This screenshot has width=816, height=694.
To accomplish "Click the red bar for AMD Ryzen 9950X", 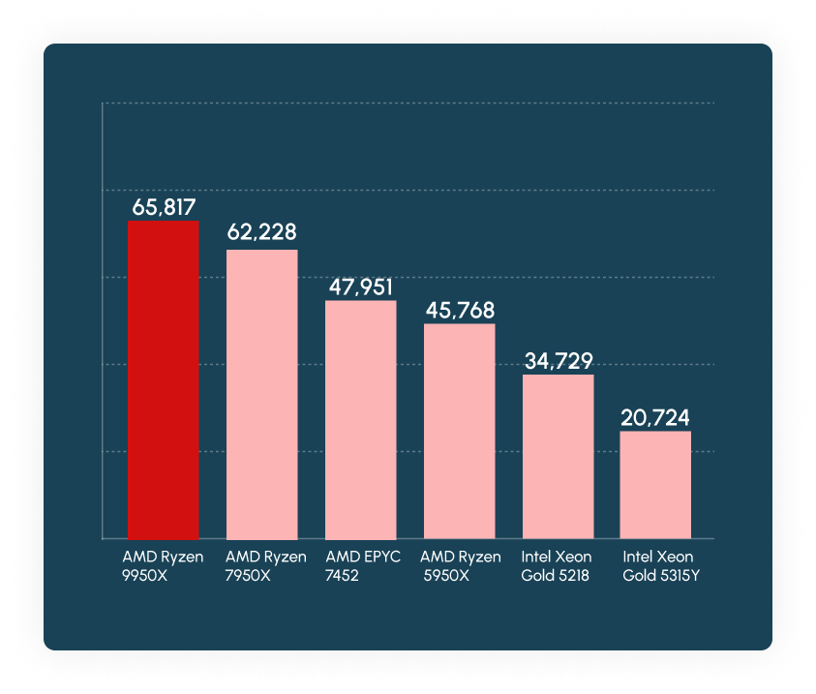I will [163, 379].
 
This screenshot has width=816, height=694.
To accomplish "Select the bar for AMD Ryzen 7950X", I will [261, 394].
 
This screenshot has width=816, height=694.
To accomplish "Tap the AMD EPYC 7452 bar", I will [360, 419].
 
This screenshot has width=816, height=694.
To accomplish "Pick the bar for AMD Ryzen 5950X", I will [459, 431].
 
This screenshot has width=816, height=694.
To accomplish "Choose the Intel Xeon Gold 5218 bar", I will [558, 456].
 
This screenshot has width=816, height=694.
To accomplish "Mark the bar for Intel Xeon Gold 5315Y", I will [655, 484].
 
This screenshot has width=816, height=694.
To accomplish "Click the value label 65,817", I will [164, 206].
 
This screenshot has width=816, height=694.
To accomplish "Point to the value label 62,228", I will [261, 232].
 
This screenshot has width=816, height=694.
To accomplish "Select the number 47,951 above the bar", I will [360, 287].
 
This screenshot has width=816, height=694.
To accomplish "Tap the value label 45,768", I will [459, 311].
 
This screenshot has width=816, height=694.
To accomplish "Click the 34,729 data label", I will [558, 361].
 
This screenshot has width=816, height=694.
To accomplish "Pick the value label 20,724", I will [655, 418].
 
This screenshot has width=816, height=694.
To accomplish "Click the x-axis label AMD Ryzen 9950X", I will [163, 566].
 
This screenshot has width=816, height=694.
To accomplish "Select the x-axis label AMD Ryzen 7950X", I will [265, 566].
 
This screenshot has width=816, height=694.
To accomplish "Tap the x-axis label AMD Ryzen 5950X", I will [460, 566].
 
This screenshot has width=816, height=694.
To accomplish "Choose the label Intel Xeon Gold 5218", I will [558, 566].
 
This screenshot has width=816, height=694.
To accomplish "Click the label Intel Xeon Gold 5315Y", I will [658, 566].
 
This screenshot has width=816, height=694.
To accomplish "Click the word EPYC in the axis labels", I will [380, 558].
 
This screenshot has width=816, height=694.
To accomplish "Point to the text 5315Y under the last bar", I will [676, 576].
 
